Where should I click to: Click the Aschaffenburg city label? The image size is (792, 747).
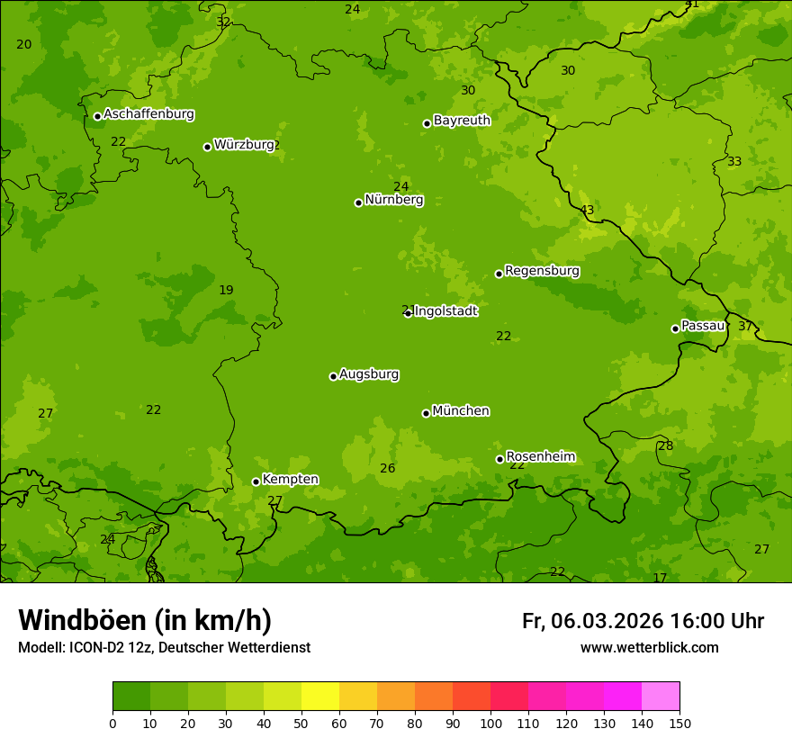[x=148, y=114]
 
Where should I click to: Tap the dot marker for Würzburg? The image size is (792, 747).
[x=207, y=147]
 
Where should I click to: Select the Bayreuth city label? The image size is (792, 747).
[x=462, y=121]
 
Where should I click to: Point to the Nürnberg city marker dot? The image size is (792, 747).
[x=358, y=202]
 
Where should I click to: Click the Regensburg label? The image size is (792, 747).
[x=542, y=271]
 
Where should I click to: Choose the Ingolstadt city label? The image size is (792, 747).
[x=445, y=311]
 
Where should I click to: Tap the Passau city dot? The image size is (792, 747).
[x=675, y=328]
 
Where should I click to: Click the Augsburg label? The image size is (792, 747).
[x=369, y=374]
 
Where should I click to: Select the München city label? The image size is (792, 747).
[x=461, y=411]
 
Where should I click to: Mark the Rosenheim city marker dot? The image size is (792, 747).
[x=499, y=459]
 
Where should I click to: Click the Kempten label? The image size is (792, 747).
[x=290, y=480]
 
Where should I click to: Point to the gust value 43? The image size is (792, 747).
[x=587, y=211]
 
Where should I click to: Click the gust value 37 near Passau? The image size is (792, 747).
[x=745, y=327]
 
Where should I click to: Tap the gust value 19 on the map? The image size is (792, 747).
[x=226, y=291]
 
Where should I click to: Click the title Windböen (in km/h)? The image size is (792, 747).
[x=145, y=620]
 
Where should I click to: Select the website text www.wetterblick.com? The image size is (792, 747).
[x=649, y=648]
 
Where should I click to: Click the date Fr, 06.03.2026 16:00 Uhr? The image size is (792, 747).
[x=643, y=621]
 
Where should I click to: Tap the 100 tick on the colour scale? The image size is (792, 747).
[x=490, y=723]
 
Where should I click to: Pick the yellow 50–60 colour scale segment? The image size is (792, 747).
[x=320, y=697]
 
